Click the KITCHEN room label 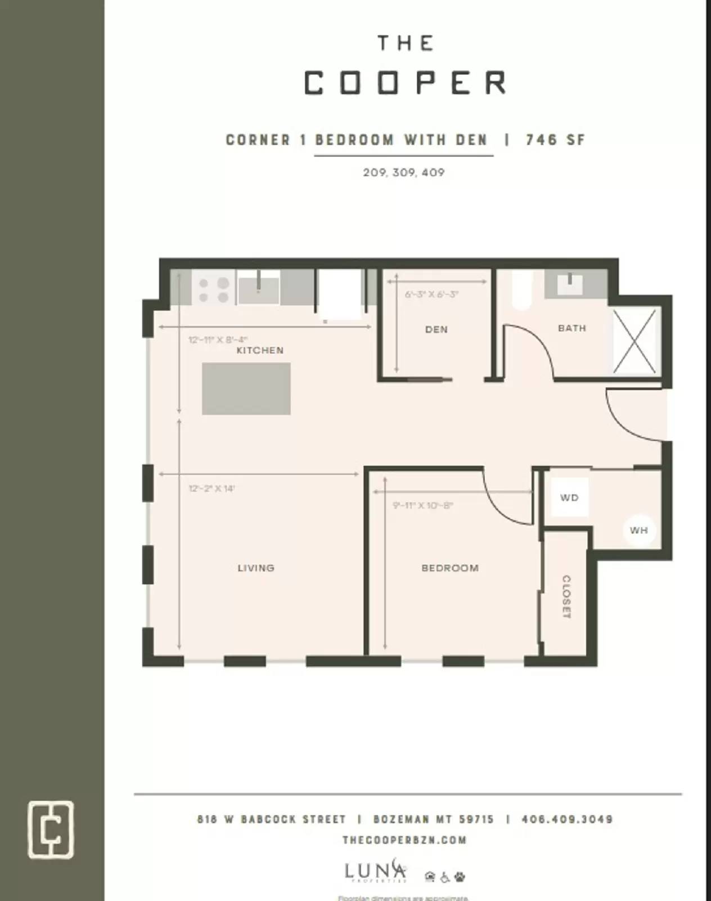(260, 350)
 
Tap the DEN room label (436, 329)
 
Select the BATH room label (571, 328)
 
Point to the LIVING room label (256, 568)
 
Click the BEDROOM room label (450, 568)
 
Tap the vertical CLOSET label (566, 597)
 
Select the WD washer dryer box (569, 497)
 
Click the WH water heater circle (638, 530)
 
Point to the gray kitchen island (246, 389)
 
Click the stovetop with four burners (213, 289)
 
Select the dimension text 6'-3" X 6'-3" (431, 295)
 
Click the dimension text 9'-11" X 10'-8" (422, 506)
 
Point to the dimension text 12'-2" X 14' (211, 488)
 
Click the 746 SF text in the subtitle (555, 140)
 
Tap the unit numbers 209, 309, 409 (403, 172)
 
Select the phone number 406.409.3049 (566, 819)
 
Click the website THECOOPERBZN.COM (404, 840)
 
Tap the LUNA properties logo (375, 871)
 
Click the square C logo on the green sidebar (51, 829)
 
